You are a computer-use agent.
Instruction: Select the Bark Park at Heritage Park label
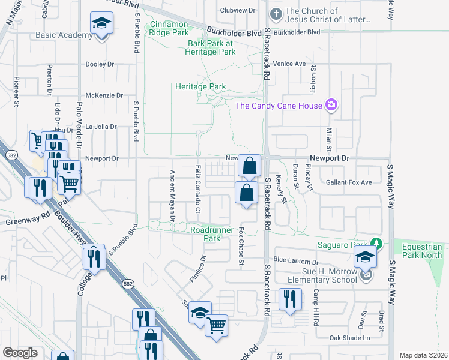(211, 47)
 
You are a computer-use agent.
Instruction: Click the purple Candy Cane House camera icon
(331, 106)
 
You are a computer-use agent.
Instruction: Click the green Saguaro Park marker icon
(376, 244)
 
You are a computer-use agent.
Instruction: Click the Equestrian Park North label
(421, 251)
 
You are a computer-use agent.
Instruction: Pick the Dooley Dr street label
(100, 64)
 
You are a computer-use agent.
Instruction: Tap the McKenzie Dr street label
(104, 95)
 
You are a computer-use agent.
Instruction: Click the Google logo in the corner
(20, 353)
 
